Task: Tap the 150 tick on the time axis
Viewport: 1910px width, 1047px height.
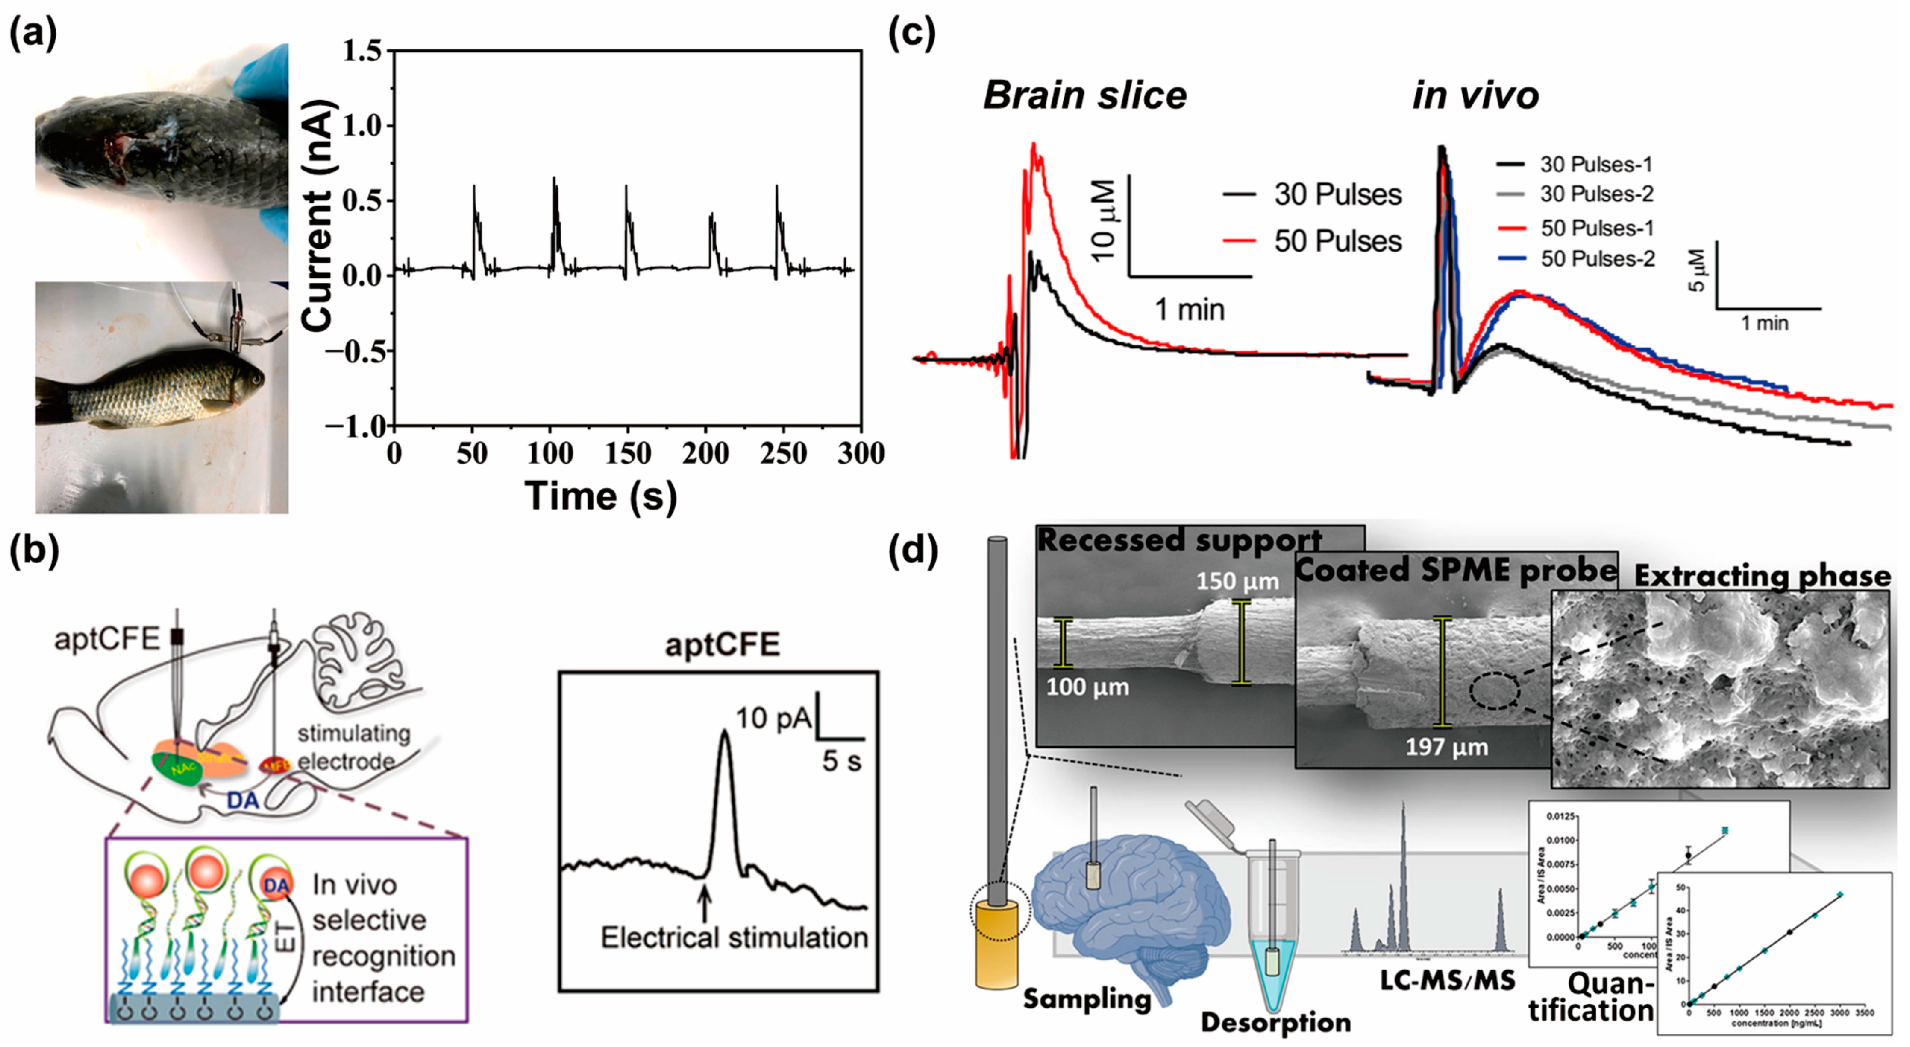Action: tap(627, 453)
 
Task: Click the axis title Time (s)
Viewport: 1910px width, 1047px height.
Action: tap(600, 495)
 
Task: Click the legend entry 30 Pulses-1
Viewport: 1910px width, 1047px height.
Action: tap(1596, 165)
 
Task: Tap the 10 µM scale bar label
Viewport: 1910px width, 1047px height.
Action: tap(1104, 220)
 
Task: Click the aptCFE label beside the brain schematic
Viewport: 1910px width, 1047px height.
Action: tap(106, 639)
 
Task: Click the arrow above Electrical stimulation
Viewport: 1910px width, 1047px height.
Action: tap(704, 905)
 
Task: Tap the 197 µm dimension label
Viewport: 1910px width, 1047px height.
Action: tap(1447, 747)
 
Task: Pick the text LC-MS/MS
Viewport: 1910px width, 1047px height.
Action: tap(1447, 980)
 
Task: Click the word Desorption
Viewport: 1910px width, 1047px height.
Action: tap(1275, 1022)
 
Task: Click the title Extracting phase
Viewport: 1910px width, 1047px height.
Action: tap(1761, 575)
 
